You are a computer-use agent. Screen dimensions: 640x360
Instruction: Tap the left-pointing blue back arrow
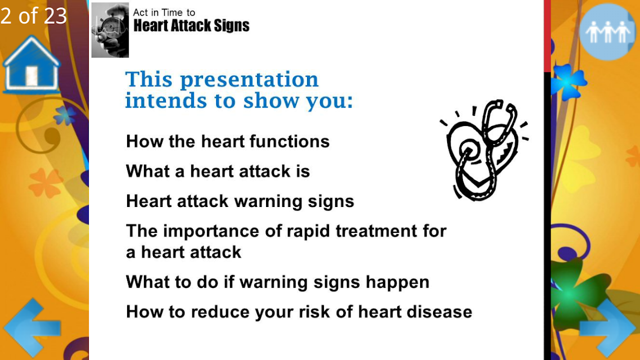coord(32,328)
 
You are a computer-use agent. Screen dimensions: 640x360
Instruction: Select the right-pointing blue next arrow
coord(607,328)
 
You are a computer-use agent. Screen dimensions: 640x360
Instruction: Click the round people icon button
coord(607,32)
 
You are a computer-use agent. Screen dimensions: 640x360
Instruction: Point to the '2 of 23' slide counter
coord(34,16)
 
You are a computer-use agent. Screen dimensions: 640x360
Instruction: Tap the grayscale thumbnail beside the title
coord(110,30)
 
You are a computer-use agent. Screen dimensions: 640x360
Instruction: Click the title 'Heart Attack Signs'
coord(191,25)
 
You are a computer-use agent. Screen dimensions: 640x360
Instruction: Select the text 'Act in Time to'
coord(164,12)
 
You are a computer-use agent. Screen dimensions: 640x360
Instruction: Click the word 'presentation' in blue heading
coord(249,80)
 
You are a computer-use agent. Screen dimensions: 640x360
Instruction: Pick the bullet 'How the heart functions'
coord(228,142)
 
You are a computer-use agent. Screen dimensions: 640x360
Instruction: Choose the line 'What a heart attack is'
coord(218,172)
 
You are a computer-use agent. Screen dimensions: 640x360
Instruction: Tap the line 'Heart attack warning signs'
coord(240,201)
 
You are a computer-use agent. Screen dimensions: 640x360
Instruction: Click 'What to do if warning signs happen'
coord(278,282)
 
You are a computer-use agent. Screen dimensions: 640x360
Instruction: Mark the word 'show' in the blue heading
coord(272,101)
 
